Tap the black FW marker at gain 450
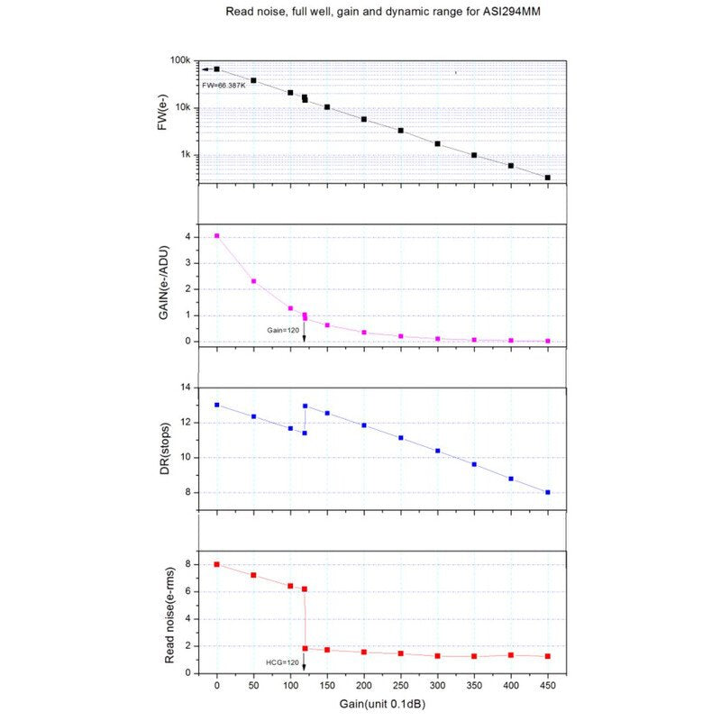548,178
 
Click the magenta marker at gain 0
216,235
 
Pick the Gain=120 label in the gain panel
280,330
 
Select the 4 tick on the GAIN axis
187,236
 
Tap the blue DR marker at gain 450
548,492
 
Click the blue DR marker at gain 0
216,405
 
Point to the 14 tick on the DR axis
185,388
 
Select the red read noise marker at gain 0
216,564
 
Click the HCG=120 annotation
281,662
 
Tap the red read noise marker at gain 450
548,656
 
